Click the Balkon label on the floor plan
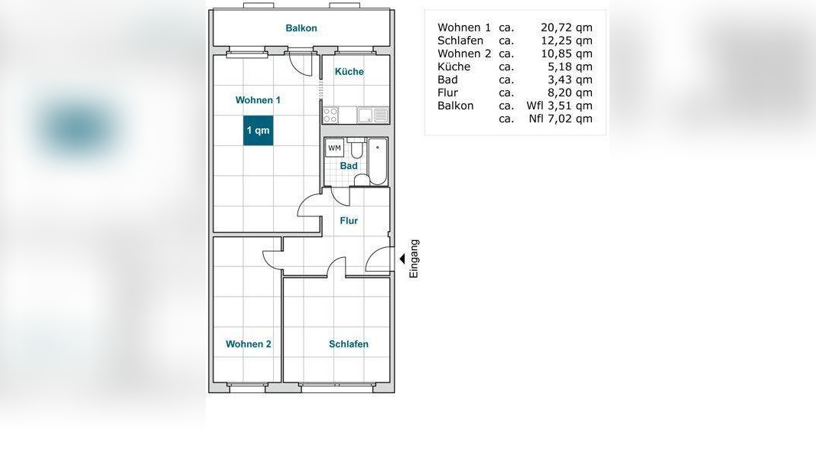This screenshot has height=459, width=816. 301,28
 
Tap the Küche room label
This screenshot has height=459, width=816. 349,71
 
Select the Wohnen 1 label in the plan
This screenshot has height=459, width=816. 258,100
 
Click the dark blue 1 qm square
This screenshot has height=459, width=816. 258,130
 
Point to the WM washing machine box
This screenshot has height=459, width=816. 335,148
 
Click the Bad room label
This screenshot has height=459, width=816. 349,166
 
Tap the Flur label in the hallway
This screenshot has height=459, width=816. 349,220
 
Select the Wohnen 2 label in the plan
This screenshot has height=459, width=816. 249,344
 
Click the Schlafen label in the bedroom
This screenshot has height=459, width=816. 348,344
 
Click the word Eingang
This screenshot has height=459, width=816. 414,259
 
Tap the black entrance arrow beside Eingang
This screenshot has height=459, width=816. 401,259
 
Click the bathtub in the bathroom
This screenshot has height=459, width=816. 378,161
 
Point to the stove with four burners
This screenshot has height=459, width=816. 330,115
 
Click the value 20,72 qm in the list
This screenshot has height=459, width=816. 566,28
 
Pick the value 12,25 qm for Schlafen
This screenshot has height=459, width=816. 566,41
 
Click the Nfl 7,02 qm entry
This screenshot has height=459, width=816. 561,119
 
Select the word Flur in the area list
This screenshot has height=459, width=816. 447,93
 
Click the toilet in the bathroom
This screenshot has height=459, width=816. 356,148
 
